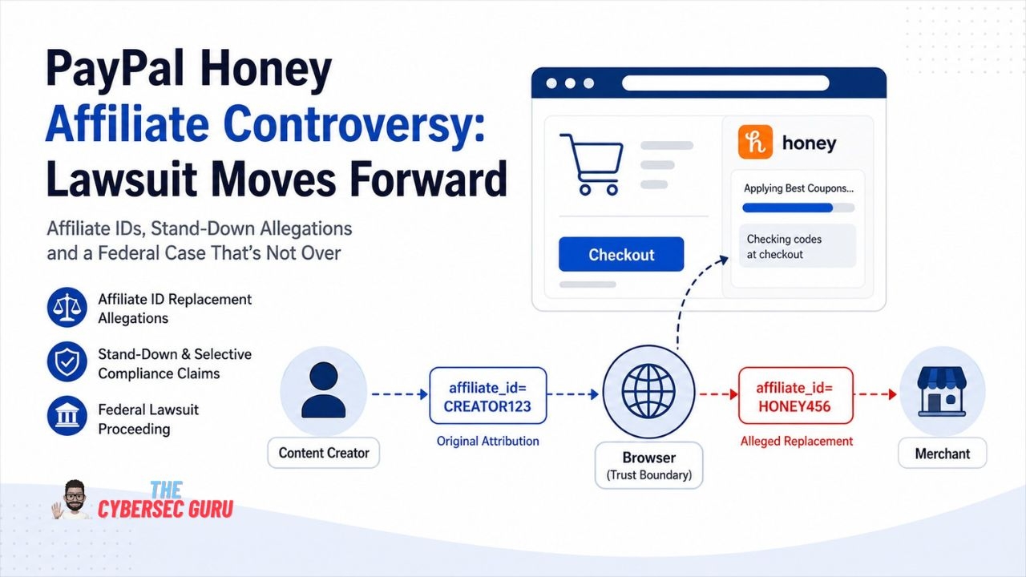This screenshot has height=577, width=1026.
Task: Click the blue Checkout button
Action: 621,254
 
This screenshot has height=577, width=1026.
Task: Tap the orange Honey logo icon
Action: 755,142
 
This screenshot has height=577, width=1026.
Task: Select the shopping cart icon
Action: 592,164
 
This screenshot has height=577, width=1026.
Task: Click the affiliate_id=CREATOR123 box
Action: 488,396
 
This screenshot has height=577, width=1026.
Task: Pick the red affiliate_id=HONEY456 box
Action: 796,396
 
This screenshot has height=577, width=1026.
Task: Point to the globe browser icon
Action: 648,392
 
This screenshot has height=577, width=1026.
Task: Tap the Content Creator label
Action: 324,453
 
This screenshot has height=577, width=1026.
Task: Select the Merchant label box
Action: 942,454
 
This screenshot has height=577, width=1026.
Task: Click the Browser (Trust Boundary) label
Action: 648,466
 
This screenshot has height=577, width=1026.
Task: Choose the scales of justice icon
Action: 67,307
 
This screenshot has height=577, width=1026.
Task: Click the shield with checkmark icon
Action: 67,361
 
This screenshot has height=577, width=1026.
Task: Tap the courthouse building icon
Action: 67,416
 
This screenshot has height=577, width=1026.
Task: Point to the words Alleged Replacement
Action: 797,441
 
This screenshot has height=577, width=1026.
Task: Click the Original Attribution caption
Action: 488,441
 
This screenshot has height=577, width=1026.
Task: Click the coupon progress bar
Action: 798,208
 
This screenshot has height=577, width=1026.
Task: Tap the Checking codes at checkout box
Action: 798,246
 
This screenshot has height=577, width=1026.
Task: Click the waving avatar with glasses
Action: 71,499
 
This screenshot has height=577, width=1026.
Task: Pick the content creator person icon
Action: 323,389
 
